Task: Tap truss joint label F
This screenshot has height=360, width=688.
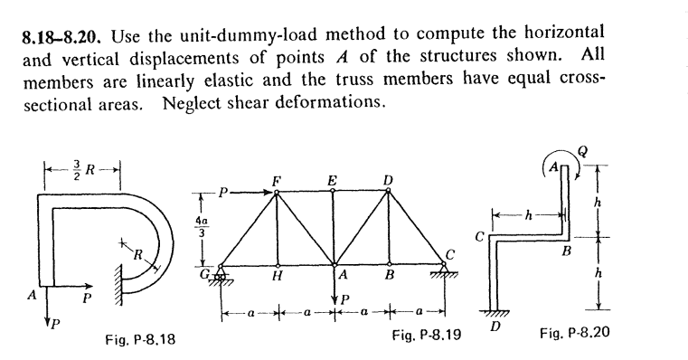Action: pyautogui.click(x=277, y=180)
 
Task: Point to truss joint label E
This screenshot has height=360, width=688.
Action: pyautogui.click(x=333, y=180)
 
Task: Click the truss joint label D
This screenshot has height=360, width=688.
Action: pyautogui.click(x=389, y=180)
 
